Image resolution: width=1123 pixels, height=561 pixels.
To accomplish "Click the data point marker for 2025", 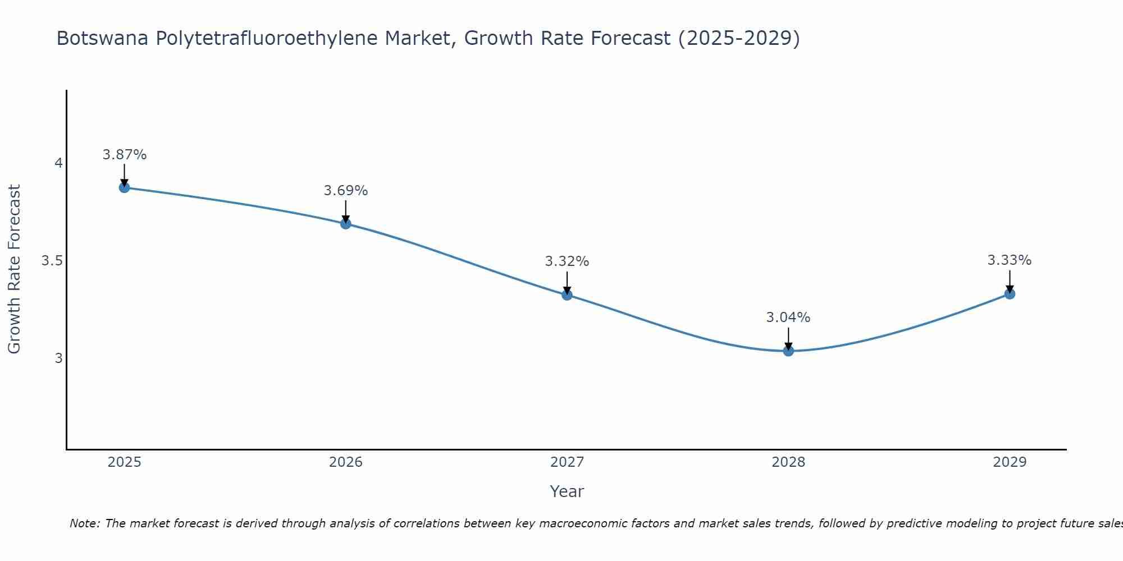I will [124, 187].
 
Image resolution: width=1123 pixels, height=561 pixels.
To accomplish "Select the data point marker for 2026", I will [346, 224].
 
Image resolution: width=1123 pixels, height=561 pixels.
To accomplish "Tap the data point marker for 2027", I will [567, 295].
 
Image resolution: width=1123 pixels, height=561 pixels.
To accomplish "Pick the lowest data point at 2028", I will [788, 351].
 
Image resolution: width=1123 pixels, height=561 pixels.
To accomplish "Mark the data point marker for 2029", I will [1010, 294].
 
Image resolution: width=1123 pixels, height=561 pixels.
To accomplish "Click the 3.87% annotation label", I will [124, 155].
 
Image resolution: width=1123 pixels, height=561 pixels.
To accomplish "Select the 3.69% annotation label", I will [346, 191].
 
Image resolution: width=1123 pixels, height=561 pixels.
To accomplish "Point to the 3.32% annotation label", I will [567, 261].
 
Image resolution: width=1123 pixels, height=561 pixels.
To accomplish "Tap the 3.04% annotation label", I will [788, 318].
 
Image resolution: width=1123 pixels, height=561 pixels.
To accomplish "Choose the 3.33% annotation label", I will [1010, 260].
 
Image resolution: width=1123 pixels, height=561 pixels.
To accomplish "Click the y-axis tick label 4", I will [58, 163].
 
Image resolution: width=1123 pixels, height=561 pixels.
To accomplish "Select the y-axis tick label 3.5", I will [52, 261].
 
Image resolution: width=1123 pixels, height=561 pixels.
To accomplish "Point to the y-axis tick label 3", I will [58, 358].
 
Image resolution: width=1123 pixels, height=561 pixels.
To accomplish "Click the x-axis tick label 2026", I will [346, 462].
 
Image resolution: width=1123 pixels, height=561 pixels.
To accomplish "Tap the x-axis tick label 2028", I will [788, 462].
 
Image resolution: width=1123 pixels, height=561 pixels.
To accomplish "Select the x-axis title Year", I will [567, 491].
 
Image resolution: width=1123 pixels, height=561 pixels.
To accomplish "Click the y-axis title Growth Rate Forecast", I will [14, 269].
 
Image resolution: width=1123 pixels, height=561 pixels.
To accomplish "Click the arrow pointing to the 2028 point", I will [788, 338].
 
